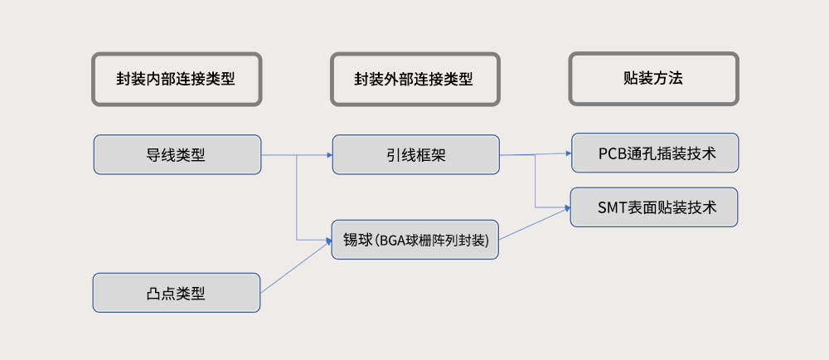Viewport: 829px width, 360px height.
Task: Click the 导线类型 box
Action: coord(177,154)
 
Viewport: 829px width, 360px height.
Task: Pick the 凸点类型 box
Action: coord(176,293)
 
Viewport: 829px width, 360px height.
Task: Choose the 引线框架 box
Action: coord(415,154)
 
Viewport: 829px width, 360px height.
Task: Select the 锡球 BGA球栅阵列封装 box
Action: coord(415,240)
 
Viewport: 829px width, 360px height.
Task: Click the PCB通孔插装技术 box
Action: coord(655,153)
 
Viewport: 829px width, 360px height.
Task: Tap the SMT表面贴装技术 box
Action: coord(654,207)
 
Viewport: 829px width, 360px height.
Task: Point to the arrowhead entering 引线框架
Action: coord(329,155)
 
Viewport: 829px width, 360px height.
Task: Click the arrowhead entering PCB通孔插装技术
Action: coord(569,153)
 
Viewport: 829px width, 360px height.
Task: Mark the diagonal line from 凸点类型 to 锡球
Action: coord(296,267)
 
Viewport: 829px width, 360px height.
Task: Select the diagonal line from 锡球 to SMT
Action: coord(535,224)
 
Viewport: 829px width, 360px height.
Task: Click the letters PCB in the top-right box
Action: coord(612,153)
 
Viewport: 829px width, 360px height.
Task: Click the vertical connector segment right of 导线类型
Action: coord(297,197)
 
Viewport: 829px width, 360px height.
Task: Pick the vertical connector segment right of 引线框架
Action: coord(536,181)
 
